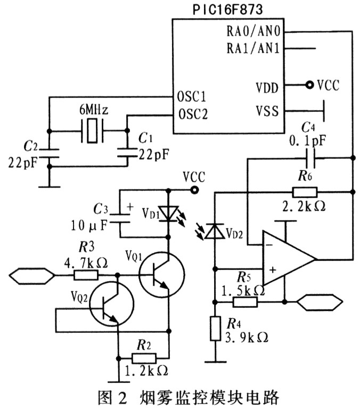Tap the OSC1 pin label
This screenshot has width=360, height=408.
click(191, 98)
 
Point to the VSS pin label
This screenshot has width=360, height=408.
click(268, 112)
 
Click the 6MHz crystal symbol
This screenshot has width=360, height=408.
click(92, 131)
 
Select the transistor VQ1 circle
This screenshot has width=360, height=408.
click(161, 274)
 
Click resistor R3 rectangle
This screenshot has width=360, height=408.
click(85, 275)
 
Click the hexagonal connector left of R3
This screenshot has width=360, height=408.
click(32, 275)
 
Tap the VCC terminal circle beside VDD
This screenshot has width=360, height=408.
click(308, 85)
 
